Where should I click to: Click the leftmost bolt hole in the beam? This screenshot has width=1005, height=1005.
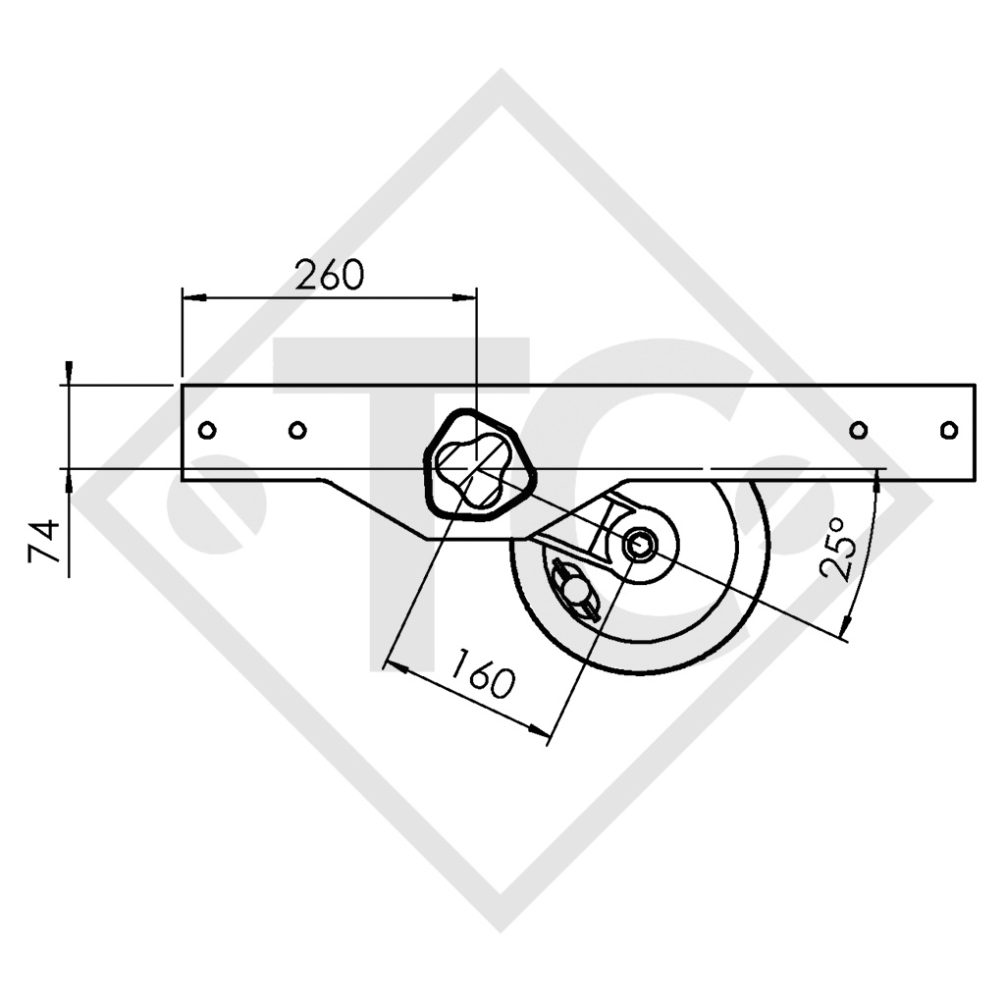click(206, 430)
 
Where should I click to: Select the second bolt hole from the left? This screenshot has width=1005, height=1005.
click(297, 430)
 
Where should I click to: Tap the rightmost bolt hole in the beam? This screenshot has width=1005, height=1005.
click(948, 430)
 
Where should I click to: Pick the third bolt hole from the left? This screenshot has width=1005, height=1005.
click(858, 430)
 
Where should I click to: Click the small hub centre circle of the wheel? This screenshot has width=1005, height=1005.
click(640, 544)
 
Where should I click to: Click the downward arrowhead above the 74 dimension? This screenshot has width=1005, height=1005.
click(68, 372)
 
